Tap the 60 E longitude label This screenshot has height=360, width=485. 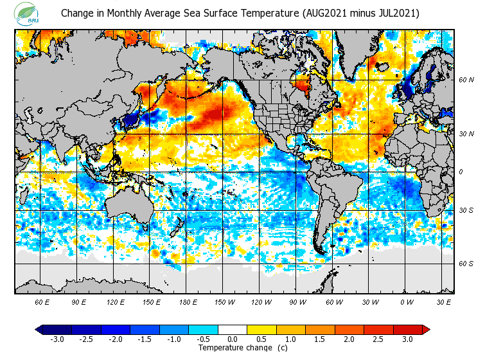coord(42,301)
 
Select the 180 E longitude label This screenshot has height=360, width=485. coord(188,301)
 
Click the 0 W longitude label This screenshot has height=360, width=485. coord(407,301)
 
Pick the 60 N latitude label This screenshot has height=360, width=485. coord(466,80)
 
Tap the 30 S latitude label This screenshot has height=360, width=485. coord(466,211)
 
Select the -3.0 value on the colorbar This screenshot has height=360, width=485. coord(57,339)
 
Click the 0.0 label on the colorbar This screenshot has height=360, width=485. coord(233,339)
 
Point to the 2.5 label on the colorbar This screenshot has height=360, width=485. coord(378,339)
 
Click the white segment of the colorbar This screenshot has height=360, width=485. coord(233,330)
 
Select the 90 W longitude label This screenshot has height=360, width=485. coord(297,301)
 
